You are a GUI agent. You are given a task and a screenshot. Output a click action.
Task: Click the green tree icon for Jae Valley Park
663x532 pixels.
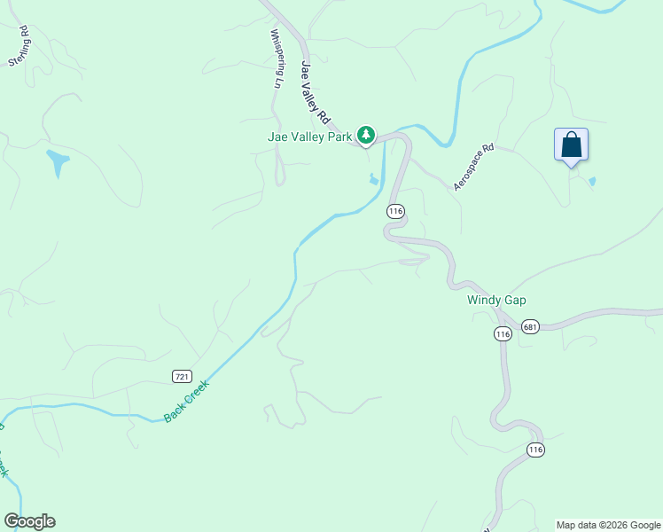click(366, 136)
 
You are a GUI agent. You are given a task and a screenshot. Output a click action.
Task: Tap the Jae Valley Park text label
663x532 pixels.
click(310, 137)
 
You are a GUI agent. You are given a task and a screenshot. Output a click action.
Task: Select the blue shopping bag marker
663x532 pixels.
click(572, 145)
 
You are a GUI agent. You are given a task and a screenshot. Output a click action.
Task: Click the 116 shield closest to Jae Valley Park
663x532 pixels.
click(395, 211)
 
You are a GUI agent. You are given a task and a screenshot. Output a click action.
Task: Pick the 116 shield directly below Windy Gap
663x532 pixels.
click(503, 333)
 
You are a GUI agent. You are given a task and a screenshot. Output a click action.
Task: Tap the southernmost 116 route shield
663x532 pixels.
click(534, 450)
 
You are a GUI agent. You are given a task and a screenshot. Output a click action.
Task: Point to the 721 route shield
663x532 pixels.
click(182, 376)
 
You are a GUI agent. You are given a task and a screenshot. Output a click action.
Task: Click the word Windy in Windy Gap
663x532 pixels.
click(484, 301)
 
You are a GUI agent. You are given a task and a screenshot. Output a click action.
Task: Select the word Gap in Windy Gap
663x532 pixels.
click(515, 301)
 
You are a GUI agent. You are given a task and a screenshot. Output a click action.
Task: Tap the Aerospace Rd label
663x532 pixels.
click(472, 168)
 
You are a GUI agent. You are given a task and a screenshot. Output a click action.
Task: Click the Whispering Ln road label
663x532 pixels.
click(276, 59)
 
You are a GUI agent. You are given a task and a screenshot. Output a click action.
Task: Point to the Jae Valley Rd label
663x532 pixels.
click(315, 92)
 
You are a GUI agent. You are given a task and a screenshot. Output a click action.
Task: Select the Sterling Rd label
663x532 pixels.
click(19, 47)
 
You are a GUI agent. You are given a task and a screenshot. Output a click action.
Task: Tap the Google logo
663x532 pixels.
click(29, 521)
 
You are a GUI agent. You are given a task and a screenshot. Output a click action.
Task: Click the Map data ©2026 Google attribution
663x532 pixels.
click(608, 525)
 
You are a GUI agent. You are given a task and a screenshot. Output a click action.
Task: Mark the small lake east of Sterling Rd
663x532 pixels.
click(58, 162)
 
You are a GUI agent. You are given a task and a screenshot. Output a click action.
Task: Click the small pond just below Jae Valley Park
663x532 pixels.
click(374, 181)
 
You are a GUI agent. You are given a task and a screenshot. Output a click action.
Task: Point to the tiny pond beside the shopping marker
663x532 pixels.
click(592, 182)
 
